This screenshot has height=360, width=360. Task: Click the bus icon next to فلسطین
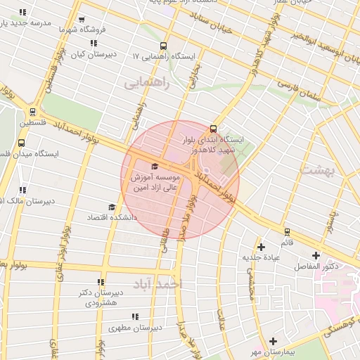33,111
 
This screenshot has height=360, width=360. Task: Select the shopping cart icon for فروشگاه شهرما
83,20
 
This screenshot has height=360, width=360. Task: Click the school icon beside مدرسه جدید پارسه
23,13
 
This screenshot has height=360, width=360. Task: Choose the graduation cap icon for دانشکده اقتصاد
111,207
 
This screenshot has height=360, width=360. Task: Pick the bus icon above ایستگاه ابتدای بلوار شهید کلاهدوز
213,129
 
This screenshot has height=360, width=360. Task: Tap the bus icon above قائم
287,231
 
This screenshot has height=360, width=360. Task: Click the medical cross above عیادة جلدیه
262,247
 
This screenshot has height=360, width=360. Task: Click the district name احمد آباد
158,283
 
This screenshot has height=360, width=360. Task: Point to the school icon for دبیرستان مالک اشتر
23,190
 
